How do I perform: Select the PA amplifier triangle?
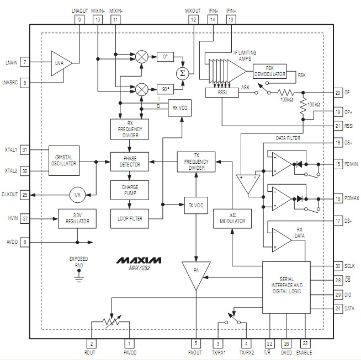195,274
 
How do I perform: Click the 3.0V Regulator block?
77,218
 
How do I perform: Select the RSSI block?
221,93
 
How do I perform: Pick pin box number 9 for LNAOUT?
79,19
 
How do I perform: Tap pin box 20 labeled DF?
338,93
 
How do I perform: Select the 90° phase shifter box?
164,88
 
